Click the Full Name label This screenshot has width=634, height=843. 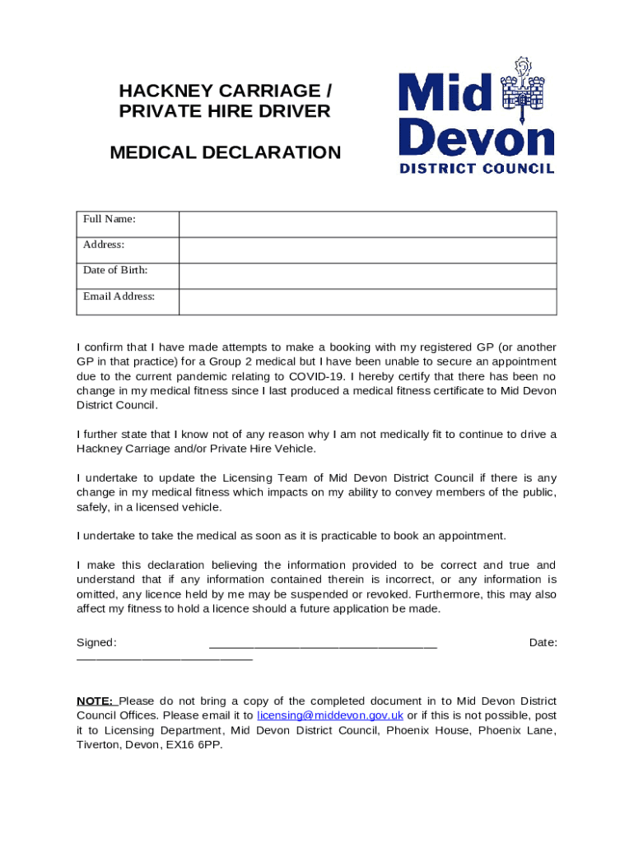coord(109,219)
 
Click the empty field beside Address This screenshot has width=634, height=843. coord(367,250)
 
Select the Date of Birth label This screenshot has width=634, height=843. coord(115,270)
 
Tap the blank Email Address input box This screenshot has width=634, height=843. coord(367,301)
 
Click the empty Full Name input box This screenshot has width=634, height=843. coord(367,224)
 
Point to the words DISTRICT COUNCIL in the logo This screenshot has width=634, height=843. coord(477,168)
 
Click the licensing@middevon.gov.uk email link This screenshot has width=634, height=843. coord(330,715)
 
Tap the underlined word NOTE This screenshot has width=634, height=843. coord(95,701)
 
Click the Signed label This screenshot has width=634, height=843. coord(96,642)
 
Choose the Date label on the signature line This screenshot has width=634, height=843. coord(543,642)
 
